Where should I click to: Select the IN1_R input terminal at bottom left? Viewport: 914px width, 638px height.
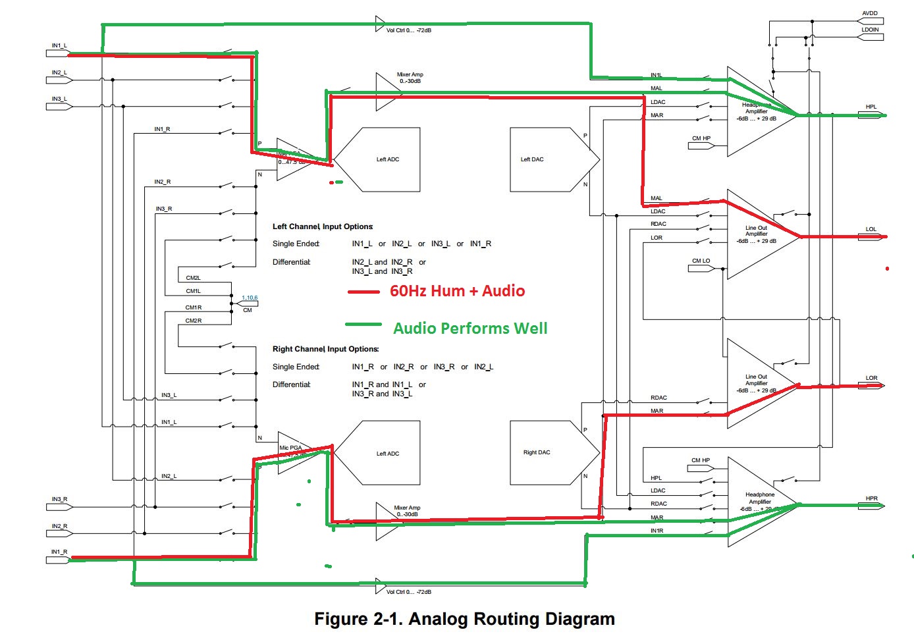pos(59,560)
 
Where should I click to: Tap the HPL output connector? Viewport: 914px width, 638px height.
pos(871,115)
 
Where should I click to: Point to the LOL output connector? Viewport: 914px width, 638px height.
pos(871,236)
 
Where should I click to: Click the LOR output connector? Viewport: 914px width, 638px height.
pos(871,385)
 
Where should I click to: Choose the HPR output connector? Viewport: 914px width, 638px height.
pos(871,506)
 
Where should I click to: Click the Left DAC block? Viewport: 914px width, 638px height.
pos(553,160)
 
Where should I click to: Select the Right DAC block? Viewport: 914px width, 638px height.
pos(553,453)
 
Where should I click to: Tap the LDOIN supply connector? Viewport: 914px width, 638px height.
pos(870,37)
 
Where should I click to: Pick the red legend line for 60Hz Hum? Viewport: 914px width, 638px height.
pos(363,292)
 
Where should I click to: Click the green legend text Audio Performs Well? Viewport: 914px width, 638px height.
pos(470,328)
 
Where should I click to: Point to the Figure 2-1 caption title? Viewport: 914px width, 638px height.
pos(464,619)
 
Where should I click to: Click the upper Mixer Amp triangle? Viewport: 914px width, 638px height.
pos(387,92)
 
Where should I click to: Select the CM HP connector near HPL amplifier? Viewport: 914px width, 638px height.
pos(701,146)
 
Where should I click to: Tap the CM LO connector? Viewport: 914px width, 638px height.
pos(701,268)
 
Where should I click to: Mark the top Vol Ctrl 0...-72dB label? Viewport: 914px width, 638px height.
pos(408,30)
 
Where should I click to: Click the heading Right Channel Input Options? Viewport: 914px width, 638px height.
pos(325,349)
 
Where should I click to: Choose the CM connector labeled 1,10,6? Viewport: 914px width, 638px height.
pos(248,304)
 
